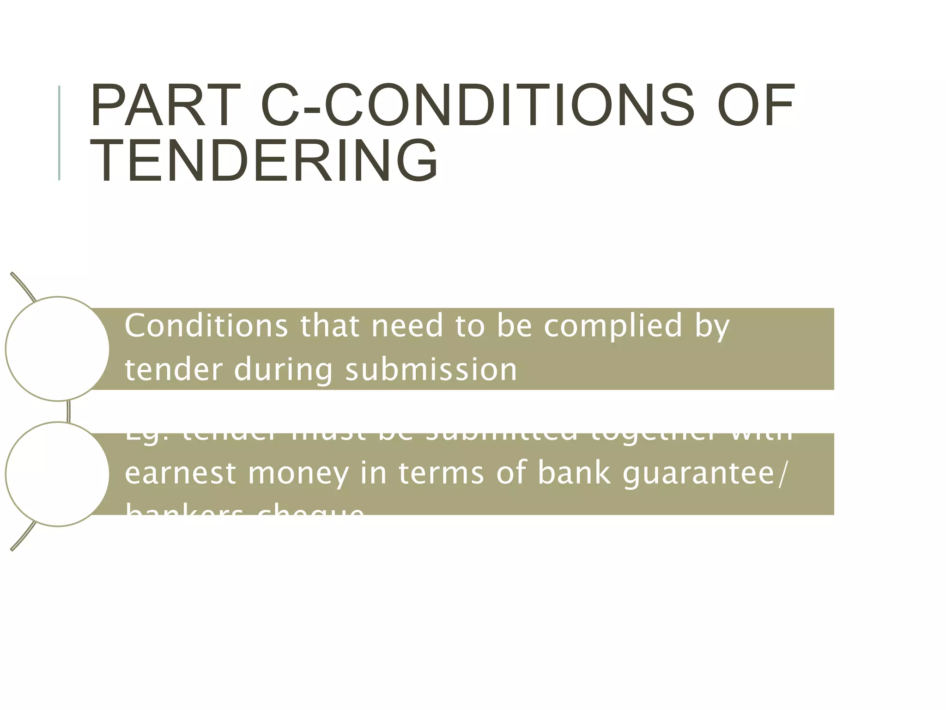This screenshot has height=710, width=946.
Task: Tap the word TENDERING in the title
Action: [x=264, y=161]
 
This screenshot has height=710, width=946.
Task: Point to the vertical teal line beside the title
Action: [x=59, y=133]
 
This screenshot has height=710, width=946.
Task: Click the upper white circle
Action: [x=57, y=349]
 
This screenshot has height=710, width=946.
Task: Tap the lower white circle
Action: [x=57, y=474]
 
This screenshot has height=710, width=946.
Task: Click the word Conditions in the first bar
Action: [x=206, y=325]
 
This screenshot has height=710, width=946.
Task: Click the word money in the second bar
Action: [x=298, y=474]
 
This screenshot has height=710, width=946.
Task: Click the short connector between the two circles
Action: [x=69, y=411]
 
